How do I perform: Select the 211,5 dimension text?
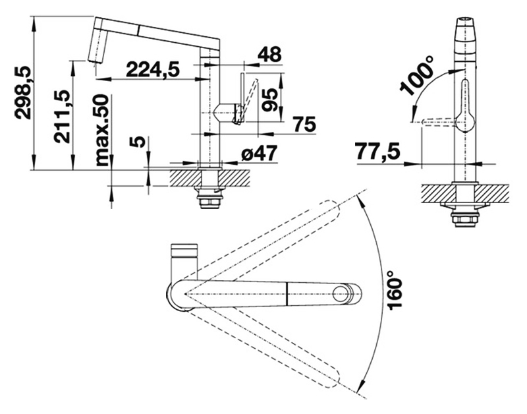click(x=63, y=117)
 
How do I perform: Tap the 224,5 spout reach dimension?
click(x=153, y=70)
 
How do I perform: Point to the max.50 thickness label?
click(x=102, y=130)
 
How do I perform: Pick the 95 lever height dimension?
click(x=270, y=100)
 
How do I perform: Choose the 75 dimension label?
click(x=304, y=124)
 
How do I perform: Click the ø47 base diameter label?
click(x=260, y=154)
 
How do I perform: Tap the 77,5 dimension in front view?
click(x=378, y=152)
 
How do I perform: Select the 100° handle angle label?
click(x=417, y=76)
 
